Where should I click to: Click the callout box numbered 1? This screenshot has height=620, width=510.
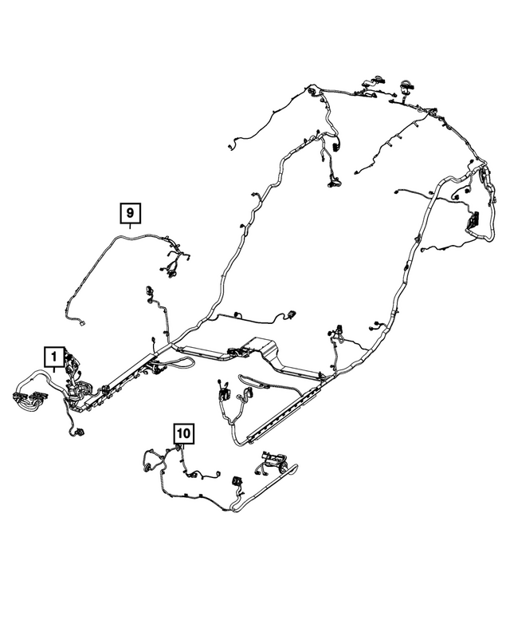53,356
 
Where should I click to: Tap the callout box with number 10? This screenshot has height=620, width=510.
183,433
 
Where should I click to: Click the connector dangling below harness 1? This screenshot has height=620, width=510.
80,432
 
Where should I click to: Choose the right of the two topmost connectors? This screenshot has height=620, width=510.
406,84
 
